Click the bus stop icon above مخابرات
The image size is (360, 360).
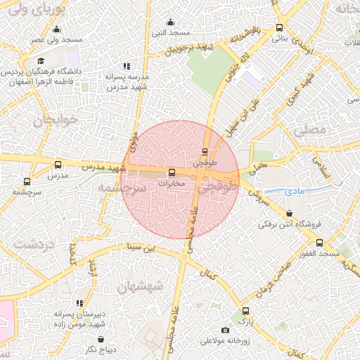coord(172,173)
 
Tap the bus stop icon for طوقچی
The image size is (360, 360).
coord(205,151)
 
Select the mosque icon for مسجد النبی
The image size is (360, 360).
coord(169,22)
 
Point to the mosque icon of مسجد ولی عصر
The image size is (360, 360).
coord(57,29)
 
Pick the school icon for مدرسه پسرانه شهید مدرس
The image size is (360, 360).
coord(127,65)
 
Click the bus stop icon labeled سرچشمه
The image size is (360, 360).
coord(27,181)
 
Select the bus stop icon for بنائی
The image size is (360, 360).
coord(280,28)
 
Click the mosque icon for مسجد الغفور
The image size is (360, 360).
coord(320,243)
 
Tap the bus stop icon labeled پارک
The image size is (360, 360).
coord(245,311)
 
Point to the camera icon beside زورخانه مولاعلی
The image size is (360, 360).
coord(225,330)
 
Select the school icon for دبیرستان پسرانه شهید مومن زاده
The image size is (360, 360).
coord(79,303)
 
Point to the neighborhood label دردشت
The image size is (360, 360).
coord(34,245)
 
